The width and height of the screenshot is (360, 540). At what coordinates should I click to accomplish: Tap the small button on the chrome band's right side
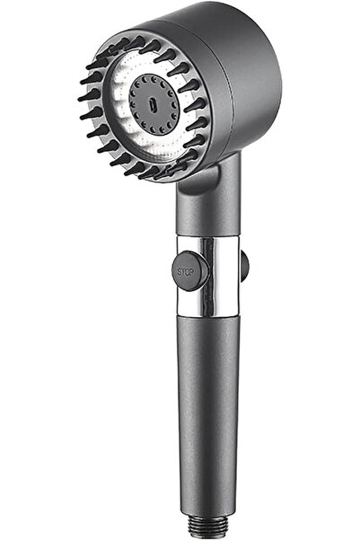(x=244, y=265)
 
